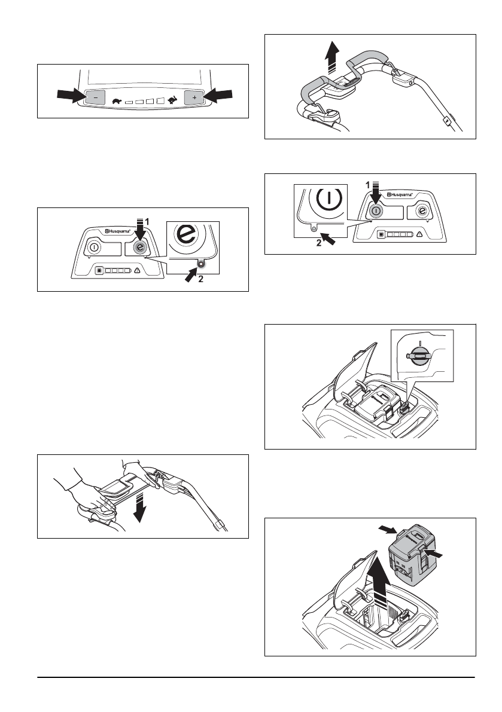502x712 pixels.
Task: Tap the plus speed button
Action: [x=194, y=97]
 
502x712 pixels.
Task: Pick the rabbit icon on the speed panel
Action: [x=174, y=100]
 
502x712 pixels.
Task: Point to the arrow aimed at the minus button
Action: [x=67, y=95]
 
